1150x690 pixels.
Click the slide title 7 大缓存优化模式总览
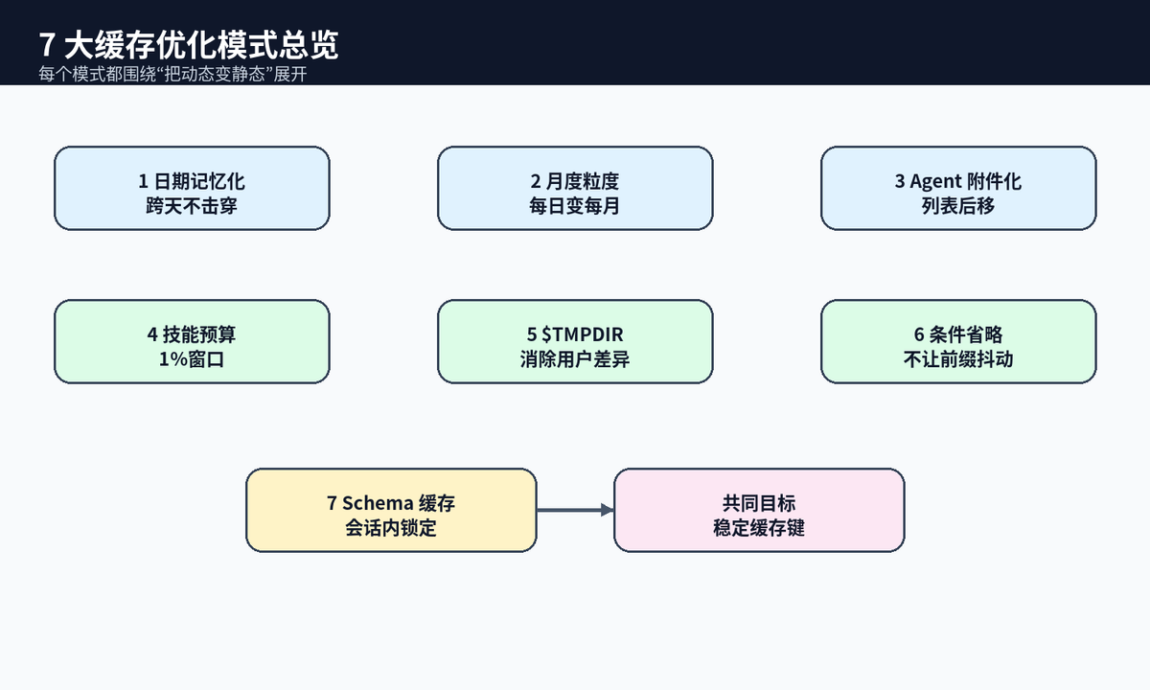coord(189,45)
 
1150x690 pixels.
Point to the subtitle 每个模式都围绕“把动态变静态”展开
coord(173,74)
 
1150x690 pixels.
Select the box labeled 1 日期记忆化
coord(192,189)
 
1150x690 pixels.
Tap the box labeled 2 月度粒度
coord(575,189)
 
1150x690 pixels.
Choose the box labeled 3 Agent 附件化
coord(958,189)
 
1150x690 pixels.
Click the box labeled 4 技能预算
coord(192,342)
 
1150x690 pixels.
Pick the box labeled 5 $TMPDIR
coord(575,342)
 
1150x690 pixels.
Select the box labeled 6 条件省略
coord(958,342)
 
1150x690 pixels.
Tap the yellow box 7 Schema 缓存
coord(391,510)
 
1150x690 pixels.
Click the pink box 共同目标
coord(759,510)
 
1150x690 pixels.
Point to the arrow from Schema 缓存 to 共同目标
coord(576,510)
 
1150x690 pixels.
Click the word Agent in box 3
coord(935,182)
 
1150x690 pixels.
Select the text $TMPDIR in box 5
coord(583,334)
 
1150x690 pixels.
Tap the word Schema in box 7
coord(378,503)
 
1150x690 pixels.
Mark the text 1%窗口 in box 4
coord(192,359)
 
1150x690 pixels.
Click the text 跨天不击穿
coord(192,206)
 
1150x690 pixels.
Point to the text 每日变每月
coord(574,206)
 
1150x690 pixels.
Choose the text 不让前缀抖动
coord(958,359)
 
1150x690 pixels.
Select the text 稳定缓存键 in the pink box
coord(759,528)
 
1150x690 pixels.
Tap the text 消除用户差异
coord(575,359)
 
